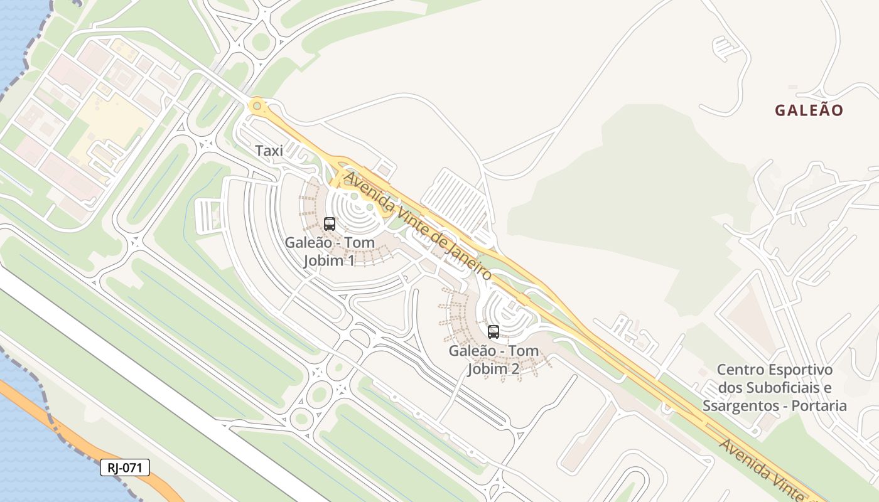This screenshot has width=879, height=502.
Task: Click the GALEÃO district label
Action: click(809, 110)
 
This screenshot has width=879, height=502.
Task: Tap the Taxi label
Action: click(269, 151)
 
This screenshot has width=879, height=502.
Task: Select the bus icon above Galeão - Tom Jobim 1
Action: click(329, 223)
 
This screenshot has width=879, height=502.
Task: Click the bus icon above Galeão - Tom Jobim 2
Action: click(493, 331)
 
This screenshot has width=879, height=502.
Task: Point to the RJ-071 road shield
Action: click(125, 467)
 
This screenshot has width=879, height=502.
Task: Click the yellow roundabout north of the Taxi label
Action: click(256, 106)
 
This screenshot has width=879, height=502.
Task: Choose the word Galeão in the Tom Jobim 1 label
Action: click(305, 242)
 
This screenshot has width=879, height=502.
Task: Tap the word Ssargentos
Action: click(739, 406)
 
